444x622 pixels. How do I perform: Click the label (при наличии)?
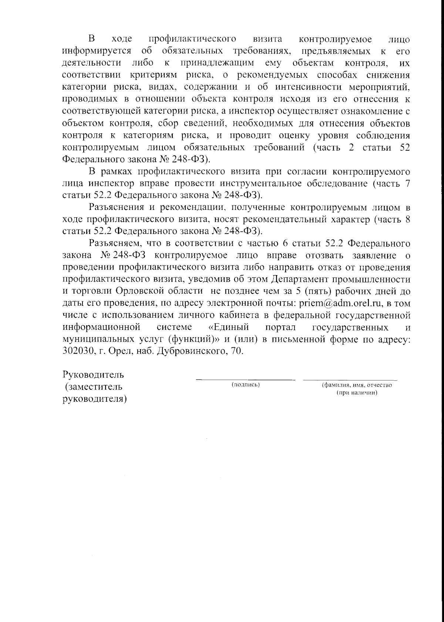[357, 393]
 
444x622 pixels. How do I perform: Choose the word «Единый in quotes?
[226, 327]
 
